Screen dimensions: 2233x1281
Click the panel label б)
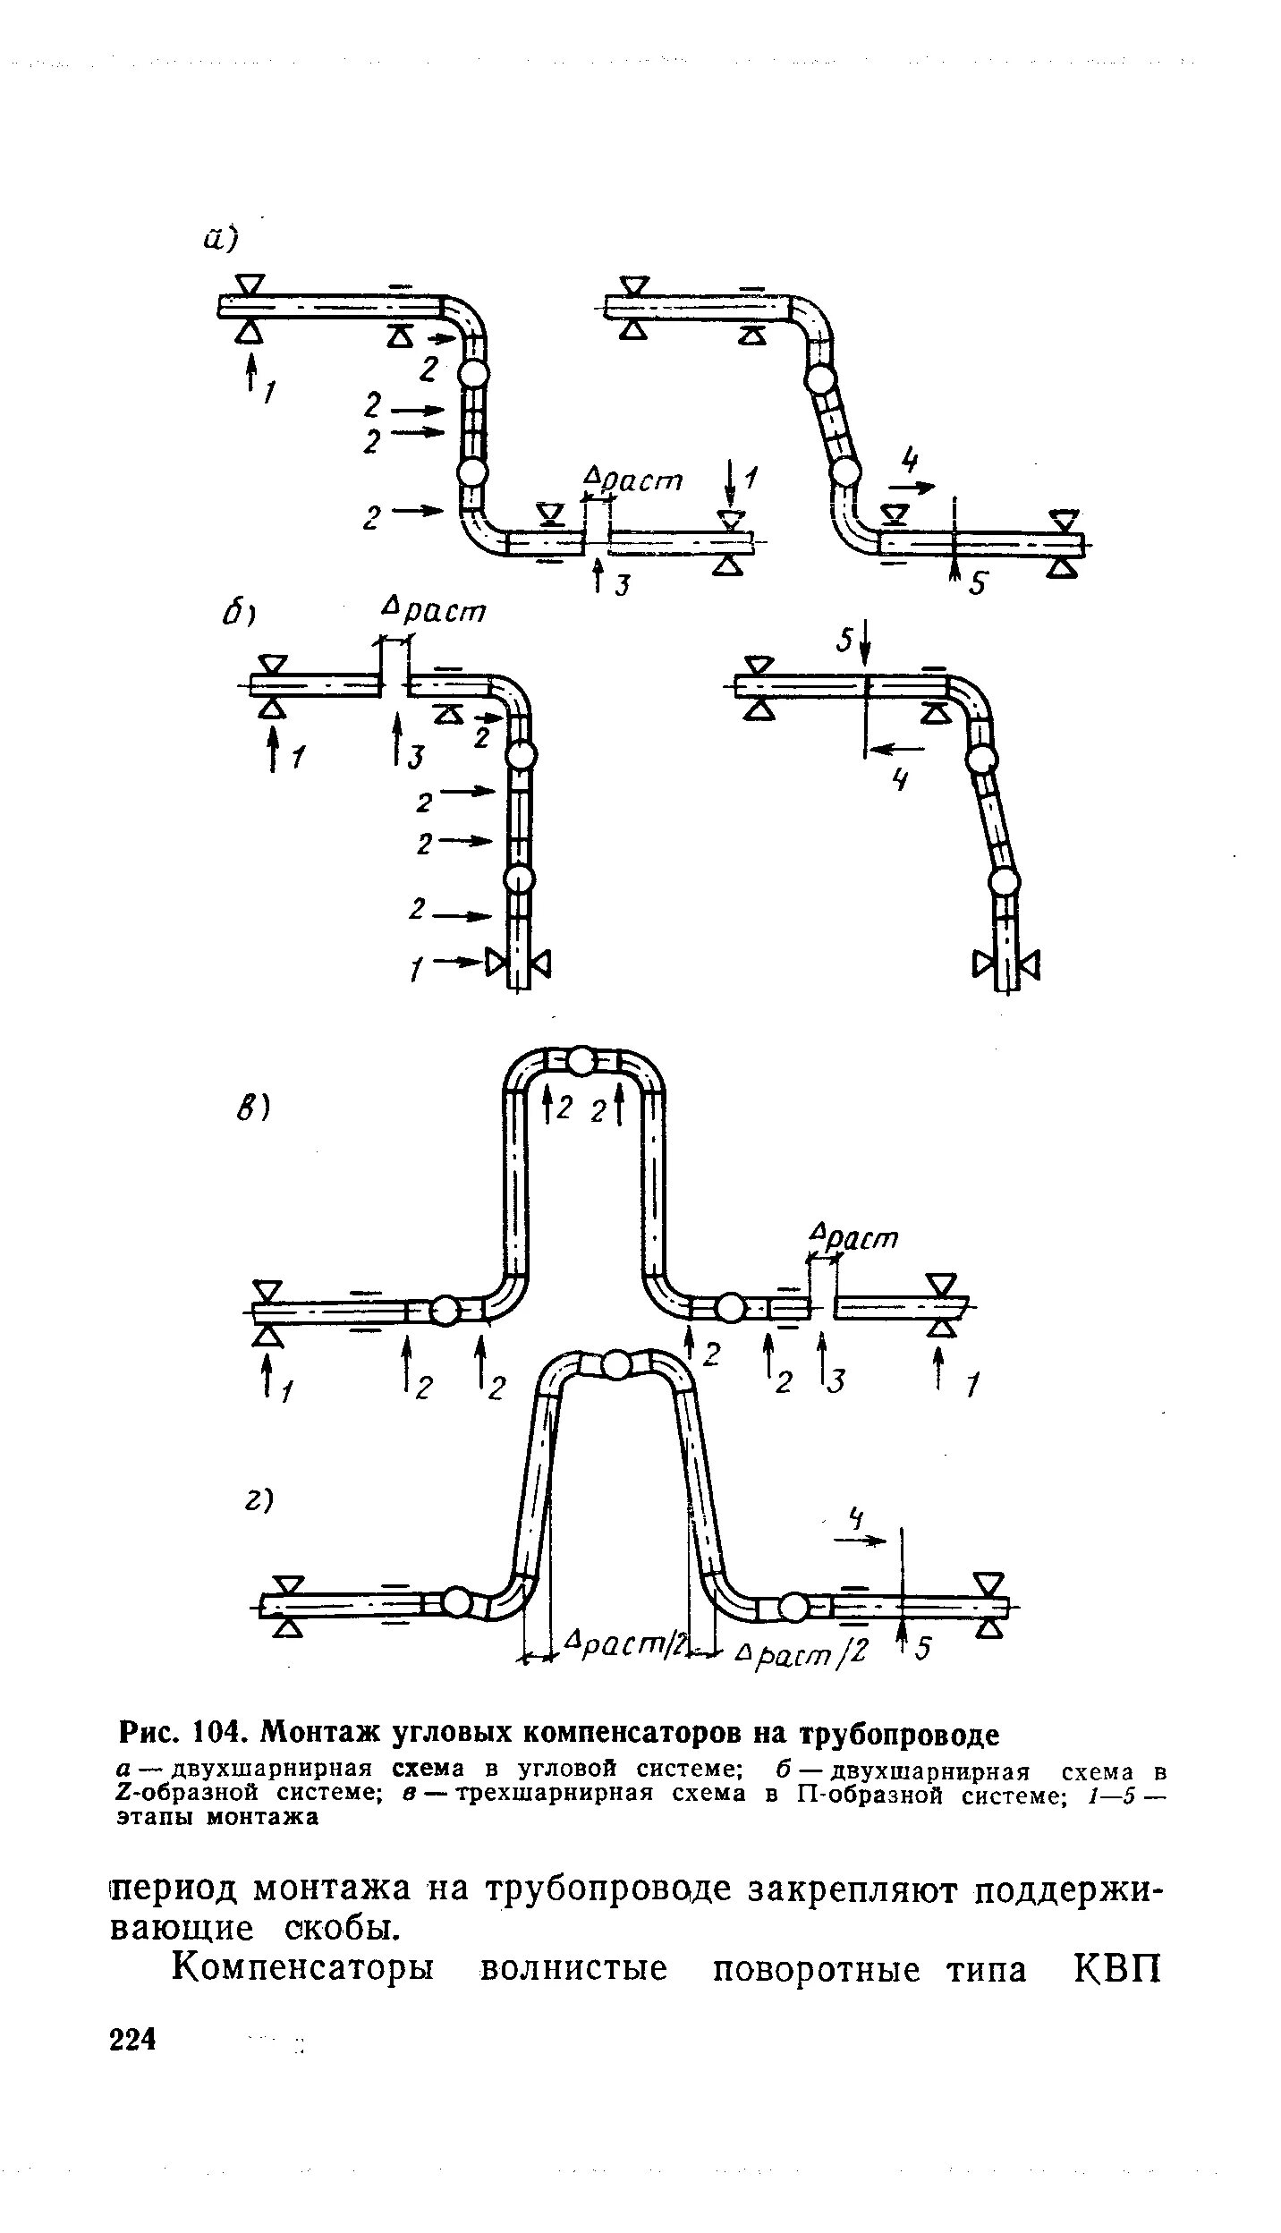[x=239, y=616]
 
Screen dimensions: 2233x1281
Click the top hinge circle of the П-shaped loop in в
[x=581, y=1061]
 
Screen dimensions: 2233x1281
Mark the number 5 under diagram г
[x=921, y=1649]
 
